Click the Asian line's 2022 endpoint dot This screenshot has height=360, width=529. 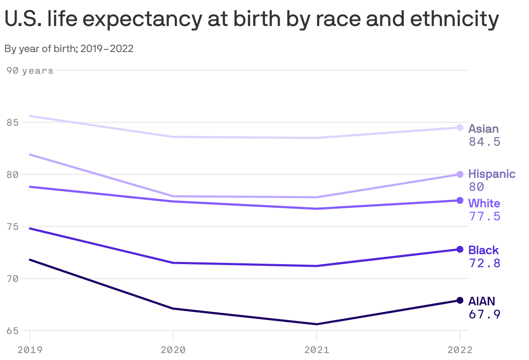[460, 128]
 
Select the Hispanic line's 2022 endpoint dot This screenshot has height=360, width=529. [460, 174]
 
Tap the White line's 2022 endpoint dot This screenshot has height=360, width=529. [460, 200]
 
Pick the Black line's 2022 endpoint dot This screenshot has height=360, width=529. [460, 249]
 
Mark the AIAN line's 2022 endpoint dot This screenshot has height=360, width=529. [460, 300]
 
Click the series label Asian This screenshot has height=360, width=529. [483, 129]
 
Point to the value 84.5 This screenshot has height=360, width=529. [484, 142]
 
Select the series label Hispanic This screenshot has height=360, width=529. [492, 174]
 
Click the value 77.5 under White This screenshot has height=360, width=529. [484, 216]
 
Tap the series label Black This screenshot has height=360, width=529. [483, 250]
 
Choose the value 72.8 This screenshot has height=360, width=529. [484, 263]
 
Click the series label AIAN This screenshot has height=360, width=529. [481, 301]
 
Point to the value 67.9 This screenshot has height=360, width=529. [484, 314]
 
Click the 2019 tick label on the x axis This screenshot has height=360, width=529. [30, 350]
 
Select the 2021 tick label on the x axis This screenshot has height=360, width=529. [317, 350]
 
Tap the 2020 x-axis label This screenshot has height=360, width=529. [173, 350]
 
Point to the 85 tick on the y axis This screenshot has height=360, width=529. [12, 123]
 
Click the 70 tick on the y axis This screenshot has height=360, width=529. [12, 278]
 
